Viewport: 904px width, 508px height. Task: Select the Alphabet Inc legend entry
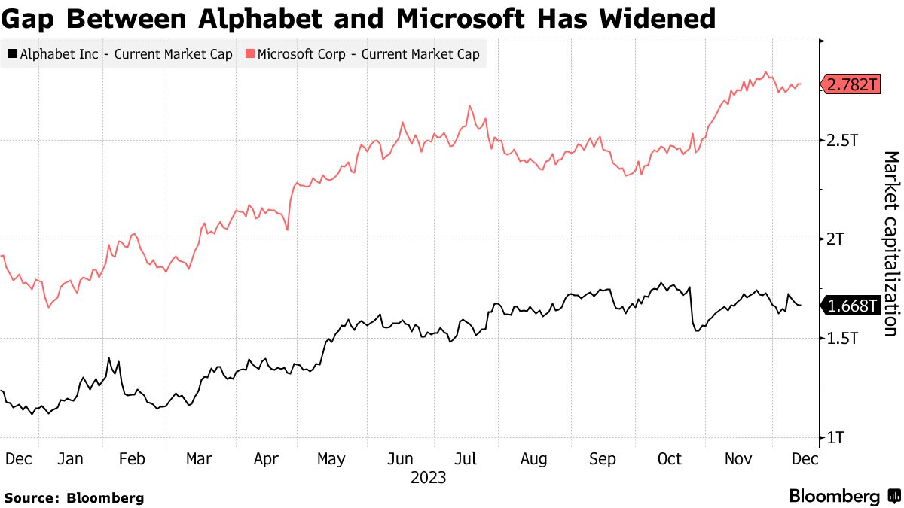tap(121, 54)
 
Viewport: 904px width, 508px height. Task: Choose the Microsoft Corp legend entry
tap(362, 54)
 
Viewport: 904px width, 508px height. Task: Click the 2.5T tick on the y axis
tap(843, 141)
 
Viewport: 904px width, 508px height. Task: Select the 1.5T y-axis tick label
tap(843, 339)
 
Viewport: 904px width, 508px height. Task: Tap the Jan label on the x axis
tap(70, 459)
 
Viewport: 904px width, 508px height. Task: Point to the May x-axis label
tap(331, 459)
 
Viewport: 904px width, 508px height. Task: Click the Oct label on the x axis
tap(669, 459)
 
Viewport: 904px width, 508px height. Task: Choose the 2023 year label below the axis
tap(428, 478)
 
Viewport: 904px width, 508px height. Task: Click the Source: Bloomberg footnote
tap(74, 497)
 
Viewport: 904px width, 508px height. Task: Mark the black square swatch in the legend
tap(12, 54)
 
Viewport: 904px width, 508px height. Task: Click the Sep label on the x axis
tap(603, 459)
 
